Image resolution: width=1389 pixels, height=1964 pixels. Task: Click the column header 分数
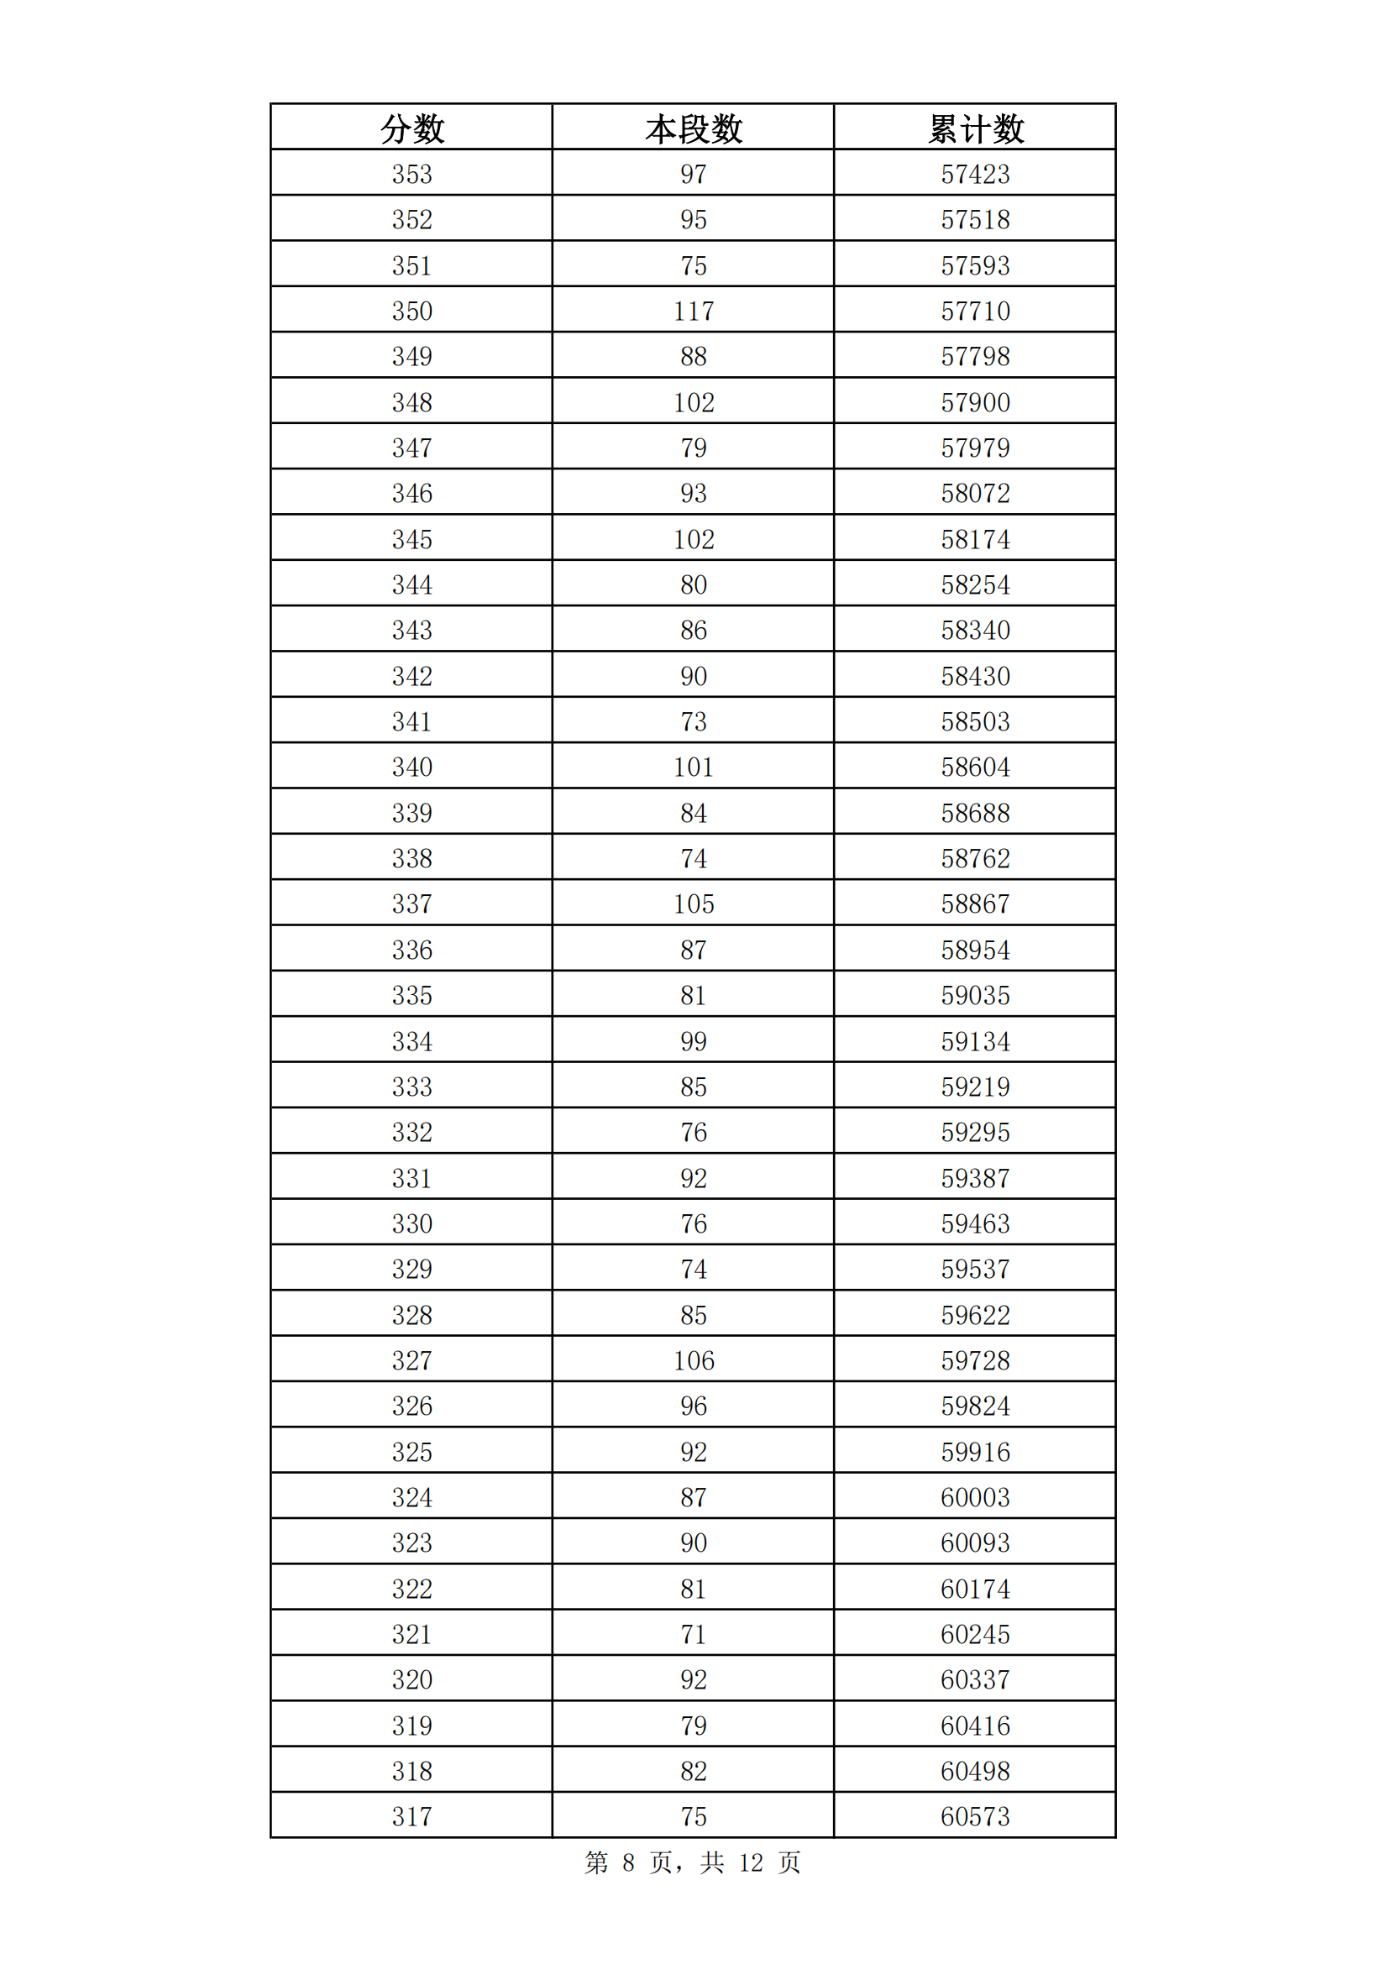(x=411, y=129)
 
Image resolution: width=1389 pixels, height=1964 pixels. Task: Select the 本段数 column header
(x=693, y=129)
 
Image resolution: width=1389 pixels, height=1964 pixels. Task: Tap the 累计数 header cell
(x=975, y=129)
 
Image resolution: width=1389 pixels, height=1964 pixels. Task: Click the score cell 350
(x=411, y=312)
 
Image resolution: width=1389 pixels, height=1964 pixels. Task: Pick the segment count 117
(x=693, y=312)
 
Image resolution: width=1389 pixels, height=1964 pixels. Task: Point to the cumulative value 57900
(x=975, y=403)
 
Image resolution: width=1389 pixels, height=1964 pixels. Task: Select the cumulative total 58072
(x=975, y=494)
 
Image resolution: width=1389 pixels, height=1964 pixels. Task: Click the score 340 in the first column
(x=411, y=767)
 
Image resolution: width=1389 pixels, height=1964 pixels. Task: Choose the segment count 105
(x=693, y=904)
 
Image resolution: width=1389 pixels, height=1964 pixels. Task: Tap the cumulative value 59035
(x=975, y=996)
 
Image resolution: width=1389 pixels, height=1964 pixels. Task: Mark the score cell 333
(x=411, y=1087)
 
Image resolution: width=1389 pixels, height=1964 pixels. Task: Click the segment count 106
(x=693, y=1361)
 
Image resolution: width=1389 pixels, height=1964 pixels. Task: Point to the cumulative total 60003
(x=975, y=1498)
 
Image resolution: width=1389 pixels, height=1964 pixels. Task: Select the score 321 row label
(x=411, y=1635)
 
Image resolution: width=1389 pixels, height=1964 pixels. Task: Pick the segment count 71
(x=693, y=1635)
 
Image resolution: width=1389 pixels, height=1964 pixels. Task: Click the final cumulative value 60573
(x=975, y=1817)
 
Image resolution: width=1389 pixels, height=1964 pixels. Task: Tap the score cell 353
(x=411, y=175)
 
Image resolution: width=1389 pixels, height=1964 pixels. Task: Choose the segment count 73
(x=693, y=722)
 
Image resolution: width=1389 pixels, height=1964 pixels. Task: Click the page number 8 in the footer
(x=629, y=1863)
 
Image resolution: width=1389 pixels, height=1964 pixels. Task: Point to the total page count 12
(x=750, y=1863)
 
